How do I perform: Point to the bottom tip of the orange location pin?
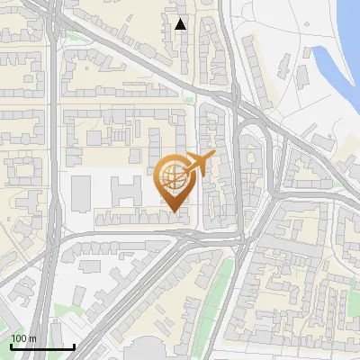point(175,212)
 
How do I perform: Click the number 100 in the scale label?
point(19,338)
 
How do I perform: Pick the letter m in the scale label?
point(32,338)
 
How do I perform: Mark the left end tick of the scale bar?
point(11,346)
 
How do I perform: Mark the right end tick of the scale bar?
point(74,346)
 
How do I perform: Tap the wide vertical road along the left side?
point(54,180)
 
